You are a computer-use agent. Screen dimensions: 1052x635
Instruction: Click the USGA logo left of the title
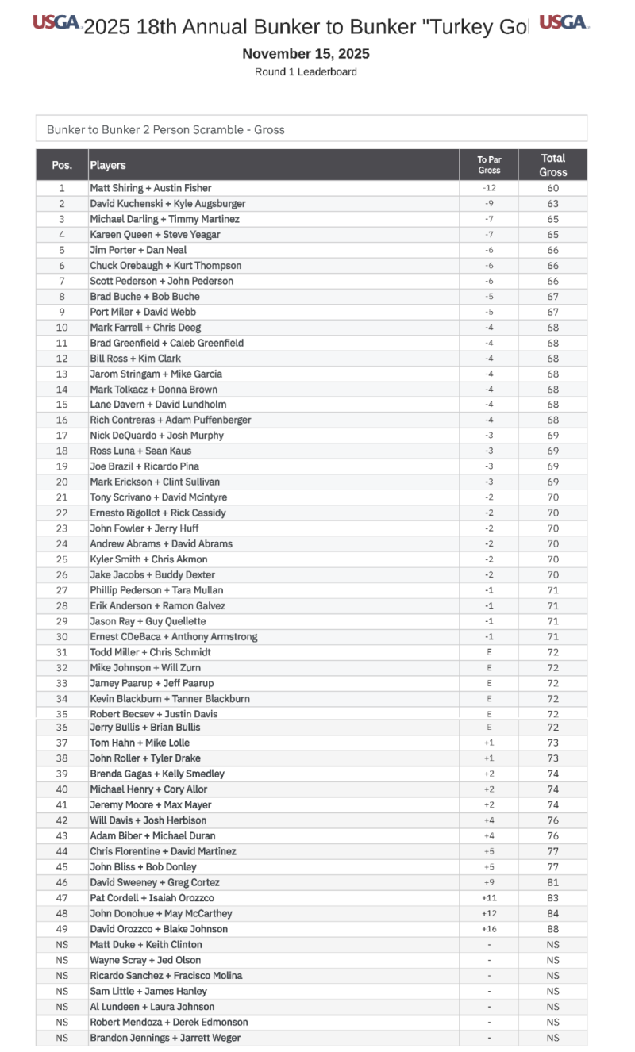tap(56, 23)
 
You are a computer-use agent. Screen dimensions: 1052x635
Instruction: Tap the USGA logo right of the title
tap(564, 22)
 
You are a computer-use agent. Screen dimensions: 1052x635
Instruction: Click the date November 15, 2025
tap(306, 54)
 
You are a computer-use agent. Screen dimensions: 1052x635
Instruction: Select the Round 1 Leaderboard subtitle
tap(306, 72)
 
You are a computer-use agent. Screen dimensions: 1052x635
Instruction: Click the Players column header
tap(108, 165)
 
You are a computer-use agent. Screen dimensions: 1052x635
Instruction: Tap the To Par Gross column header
tap(489, 165)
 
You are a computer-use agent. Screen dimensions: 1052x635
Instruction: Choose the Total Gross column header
tap(553, 165)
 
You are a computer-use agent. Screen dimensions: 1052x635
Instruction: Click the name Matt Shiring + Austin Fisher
tap(151, 188)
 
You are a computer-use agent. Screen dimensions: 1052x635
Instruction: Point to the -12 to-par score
tap(489, 188)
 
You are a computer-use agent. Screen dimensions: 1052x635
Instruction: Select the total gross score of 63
tap(553, 204)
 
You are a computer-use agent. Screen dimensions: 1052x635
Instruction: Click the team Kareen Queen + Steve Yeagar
tap(155, 235)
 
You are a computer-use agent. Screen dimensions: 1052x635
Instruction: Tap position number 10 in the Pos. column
tap(62, 328)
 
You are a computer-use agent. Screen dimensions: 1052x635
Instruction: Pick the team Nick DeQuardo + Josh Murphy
tap(156, 436)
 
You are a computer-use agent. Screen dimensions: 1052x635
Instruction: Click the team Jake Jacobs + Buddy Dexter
tap(152, 575)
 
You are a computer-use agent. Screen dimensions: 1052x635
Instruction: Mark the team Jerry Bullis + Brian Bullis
tap(145, 728)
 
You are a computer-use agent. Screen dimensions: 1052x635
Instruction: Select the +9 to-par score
tap(489, 882)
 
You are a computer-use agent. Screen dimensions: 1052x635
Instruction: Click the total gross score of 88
tap(553, 929)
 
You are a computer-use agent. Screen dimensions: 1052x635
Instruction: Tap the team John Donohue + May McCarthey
tap(161, 913)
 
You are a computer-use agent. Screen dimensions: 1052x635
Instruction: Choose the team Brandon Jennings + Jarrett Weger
tap(165, 1038)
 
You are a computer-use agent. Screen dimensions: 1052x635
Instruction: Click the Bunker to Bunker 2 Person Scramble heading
tap(166, 129)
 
